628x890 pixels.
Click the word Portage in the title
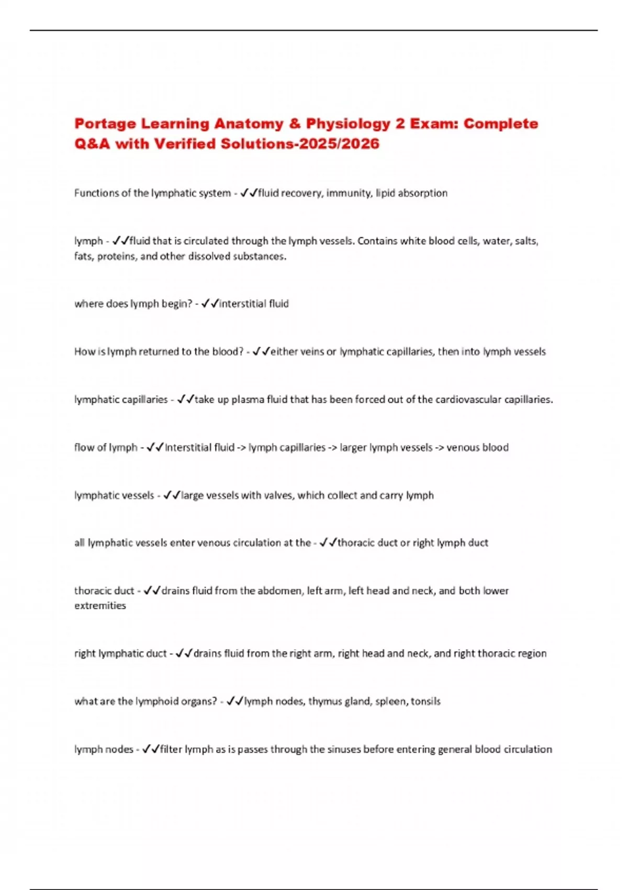tap(105, 124)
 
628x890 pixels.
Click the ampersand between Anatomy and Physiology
tap(294, 124)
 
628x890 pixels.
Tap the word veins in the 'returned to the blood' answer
tap(312, 352)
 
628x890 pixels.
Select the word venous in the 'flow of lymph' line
tap(459, 448)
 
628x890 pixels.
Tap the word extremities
tap(100, 606)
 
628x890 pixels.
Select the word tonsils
tap(425, 702)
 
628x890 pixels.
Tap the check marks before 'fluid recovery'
tap(249, 193)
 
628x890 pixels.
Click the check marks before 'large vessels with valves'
tap(172, 495)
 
